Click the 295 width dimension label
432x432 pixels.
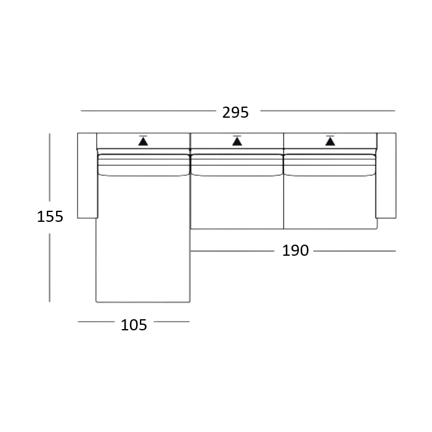pos(235,112)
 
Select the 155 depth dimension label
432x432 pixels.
pos(50,216)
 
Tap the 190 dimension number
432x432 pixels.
pos(295,250)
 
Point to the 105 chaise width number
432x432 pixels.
pos(134,325)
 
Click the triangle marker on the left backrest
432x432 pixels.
pos(143,141)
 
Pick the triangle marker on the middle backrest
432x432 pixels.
pos(237,141)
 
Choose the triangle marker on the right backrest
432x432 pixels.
pos(330,141)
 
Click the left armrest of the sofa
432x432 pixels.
pos(87,176)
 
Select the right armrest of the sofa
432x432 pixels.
pos(386,176)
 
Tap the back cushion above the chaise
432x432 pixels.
pos(143,165)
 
